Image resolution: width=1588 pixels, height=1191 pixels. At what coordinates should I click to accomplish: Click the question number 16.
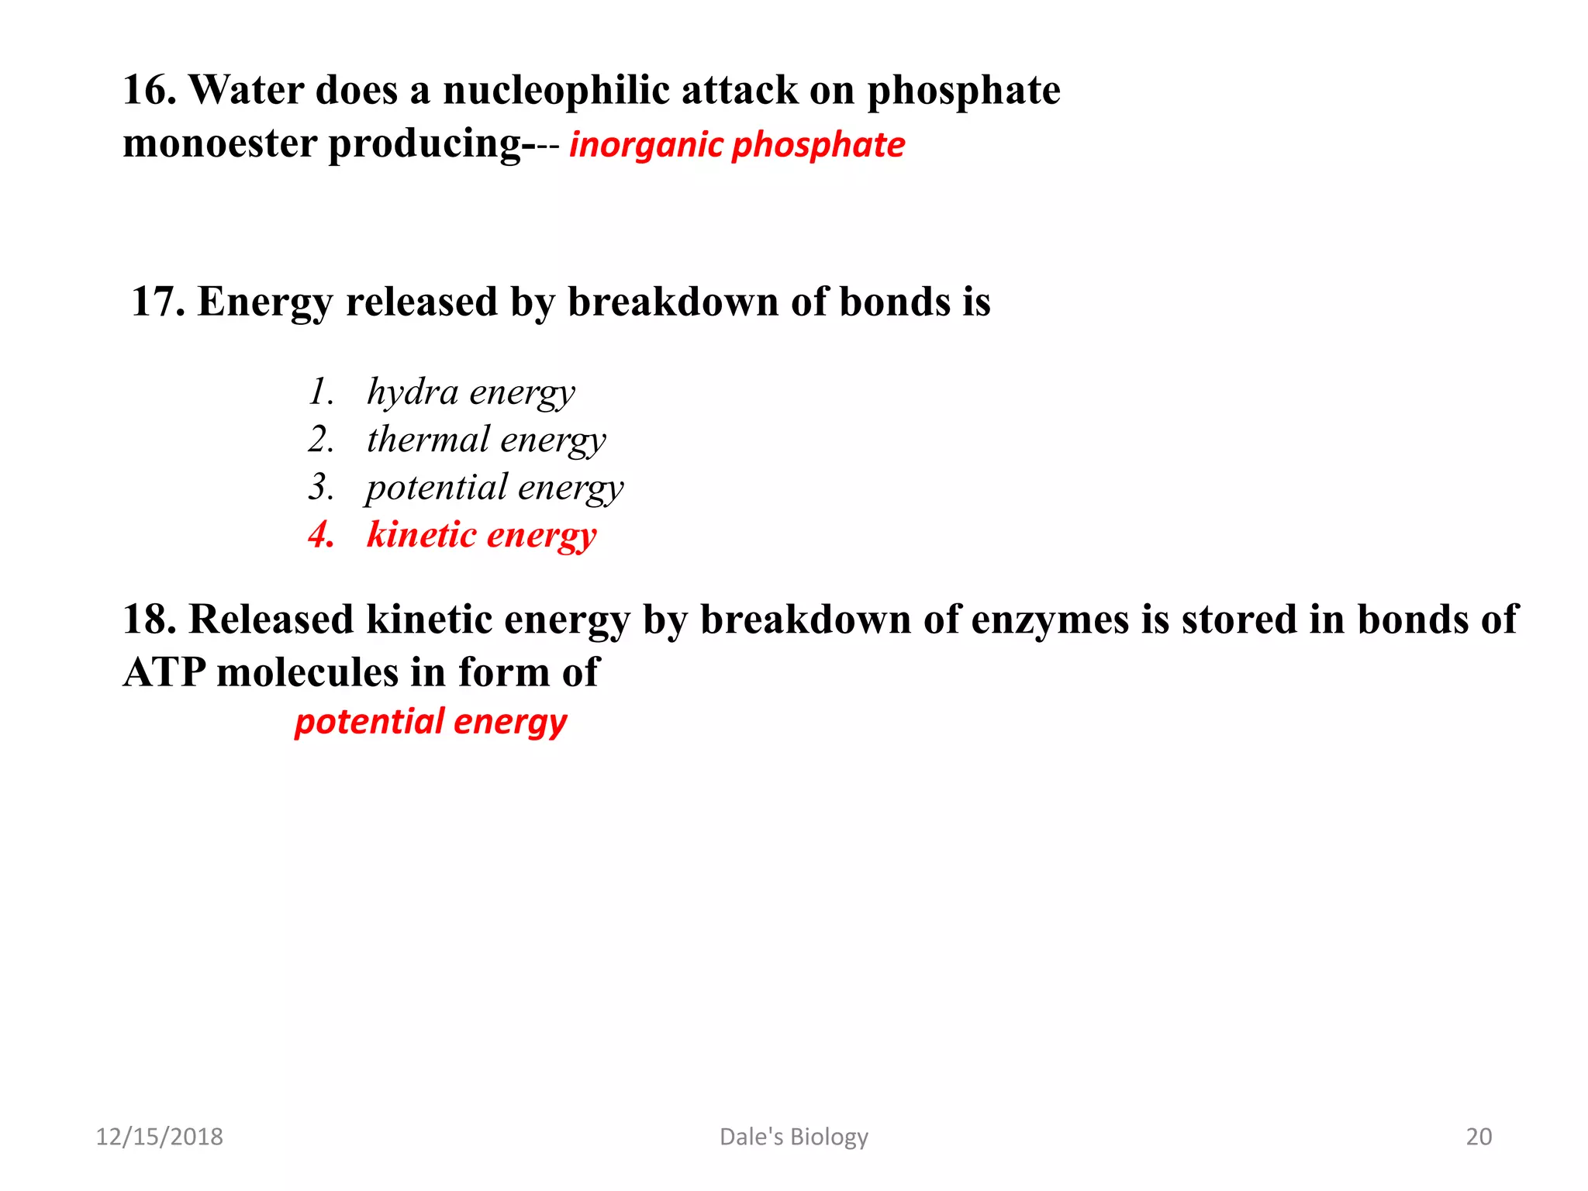(150, 90)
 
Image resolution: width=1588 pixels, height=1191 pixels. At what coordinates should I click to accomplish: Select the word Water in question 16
(247, 90)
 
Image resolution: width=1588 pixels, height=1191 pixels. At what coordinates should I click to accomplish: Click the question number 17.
(158, 302)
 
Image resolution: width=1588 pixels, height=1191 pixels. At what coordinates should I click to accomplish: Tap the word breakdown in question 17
(672, 302)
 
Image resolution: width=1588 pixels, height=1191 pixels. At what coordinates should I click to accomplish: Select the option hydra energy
(471, 392)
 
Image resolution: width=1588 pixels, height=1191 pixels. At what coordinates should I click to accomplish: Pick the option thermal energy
(486, 440)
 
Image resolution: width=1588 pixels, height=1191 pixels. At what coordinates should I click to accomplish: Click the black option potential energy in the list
(495, 488)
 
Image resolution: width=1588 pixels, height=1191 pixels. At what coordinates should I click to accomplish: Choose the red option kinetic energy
(482, 535)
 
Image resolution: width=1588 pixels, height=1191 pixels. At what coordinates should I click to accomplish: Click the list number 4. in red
(321, 535)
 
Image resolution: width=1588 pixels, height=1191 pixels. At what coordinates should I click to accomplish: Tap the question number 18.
(150, 620)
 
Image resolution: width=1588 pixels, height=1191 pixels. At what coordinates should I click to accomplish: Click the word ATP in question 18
(164, 672)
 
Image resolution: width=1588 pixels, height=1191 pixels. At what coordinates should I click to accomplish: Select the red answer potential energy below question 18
(431, 722)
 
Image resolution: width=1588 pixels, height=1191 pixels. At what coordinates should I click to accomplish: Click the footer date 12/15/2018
(159, 1137)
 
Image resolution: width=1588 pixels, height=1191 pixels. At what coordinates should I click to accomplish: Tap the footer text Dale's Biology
(794, 1137)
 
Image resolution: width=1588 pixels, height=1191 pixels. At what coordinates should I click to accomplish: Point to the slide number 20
(1479, 1137)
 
